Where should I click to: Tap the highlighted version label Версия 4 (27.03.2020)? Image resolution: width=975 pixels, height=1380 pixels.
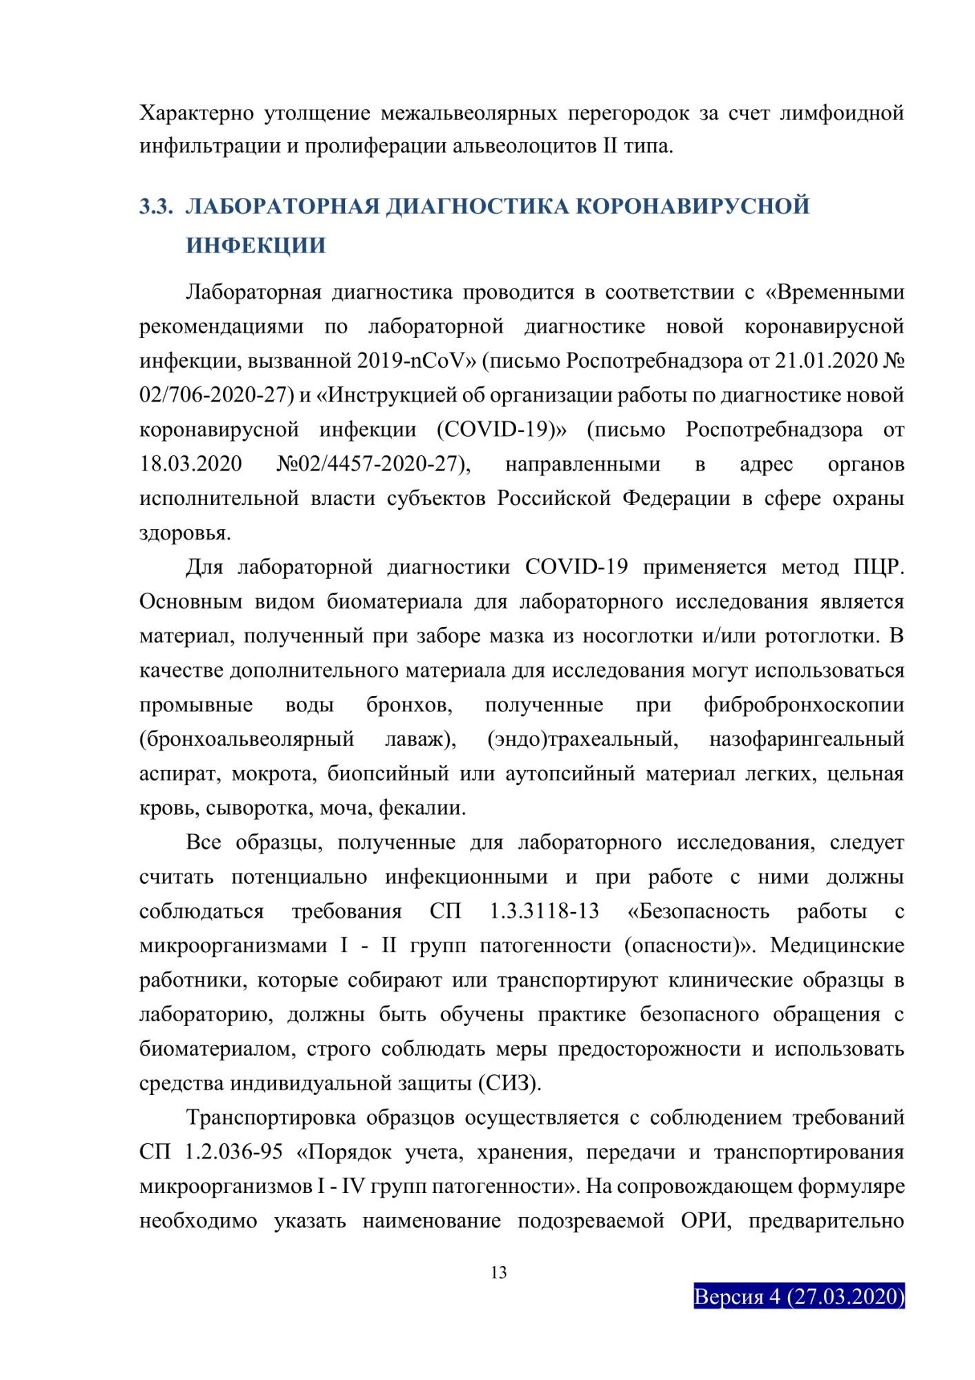(798, 1296)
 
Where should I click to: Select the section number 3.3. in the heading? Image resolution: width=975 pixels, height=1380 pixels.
(156, 206)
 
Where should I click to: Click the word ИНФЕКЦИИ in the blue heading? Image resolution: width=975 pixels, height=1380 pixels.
(255, 246)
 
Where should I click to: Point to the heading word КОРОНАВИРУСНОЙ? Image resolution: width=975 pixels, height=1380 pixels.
(692, 206)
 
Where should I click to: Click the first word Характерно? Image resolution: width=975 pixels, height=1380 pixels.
(197, 112)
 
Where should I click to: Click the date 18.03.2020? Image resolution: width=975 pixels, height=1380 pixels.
(190, 464)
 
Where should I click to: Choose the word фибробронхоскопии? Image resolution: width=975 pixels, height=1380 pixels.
(803, 705)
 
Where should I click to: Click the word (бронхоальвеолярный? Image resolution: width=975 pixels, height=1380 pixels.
(246, 740)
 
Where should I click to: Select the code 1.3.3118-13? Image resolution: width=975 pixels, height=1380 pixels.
(544, 911)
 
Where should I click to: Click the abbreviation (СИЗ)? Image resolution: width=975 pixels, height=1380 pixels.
(509, 1083)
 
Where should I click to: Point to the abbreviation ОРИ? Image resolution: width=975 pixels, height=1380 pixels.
(705, 1221)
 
